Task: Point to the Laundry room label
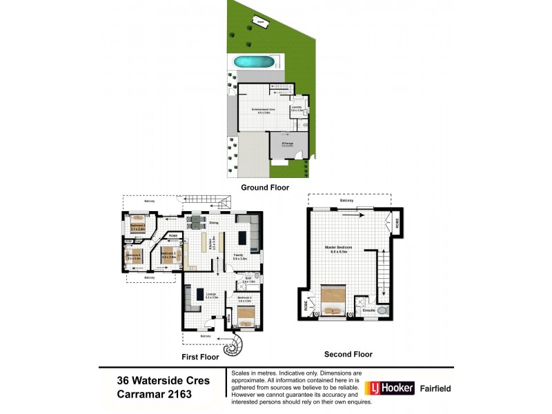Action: coord(297,108)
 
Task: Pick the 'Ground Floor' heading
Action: coord(264,187)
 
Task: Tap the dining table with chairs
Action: coord(197,221)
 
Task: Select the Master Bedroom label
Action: coord(340,248)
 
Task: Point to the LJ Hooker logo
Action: coord(389,388)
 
